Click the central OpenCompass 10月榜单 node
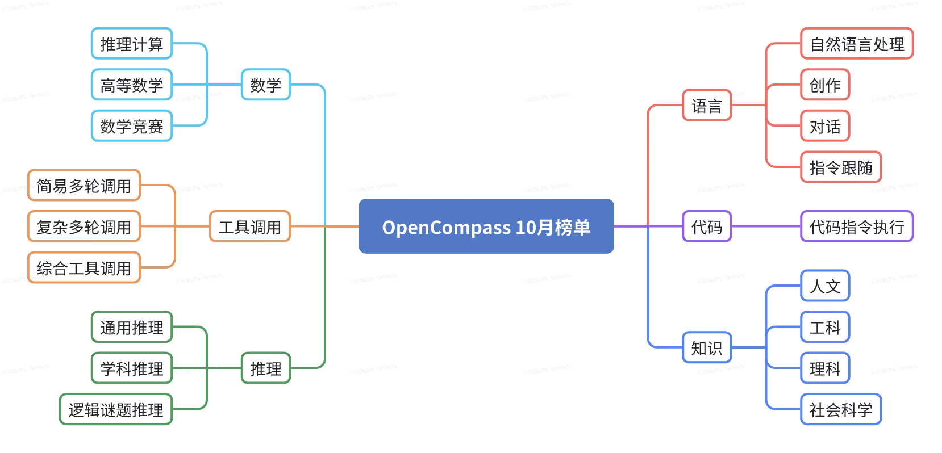pos(486,227)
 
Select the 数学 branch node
pos(265,85)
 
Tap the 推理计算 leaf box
pos(131,44)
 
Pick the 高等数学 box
pos(131,85)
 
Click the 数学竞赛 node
pos(131,126)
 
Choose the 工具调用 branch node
pos(249,227)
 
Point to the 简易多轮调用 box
pos(84,186)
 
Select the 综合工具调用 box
pos(84,268)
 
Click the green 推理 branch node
pos(265,368)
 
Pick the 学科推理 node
pos(131,368)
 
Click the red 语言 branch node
pos(706,106)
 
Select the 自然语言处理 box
pos(856,44)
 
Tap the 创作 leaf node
pos(824,85)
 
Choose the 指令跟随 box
pos(840,167)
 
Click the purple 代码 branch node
pos(706,227)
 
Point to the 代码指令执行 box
pos(856,227)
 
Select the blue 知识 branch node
pos(706,347)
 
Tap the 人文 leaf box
pos(824,286)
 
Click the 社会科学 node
pos(840,409)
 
